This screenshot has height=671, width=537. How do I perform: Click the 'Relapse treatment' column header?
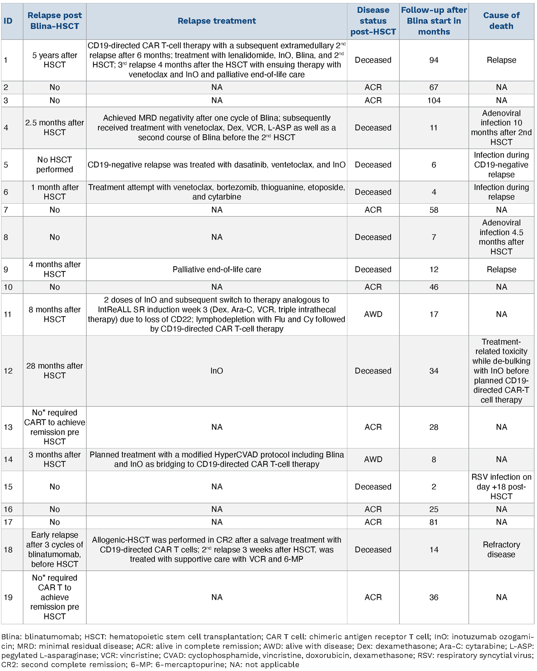(216, 21)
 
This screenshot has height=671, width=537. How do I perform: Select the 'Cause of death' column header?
(501, 21)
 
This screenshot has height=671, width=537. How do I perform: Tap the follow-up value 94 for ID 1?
(434, 60)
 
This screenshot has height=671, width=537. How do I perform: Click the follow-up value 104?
(434, 100)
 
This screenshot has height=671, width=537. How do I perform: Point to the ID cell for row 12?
(8, 371)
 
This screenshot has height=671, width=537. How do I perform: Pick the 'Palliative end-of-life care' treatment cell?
(216, 270)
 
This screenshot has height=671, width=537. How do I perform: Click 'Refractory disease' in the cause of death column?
(501, 549)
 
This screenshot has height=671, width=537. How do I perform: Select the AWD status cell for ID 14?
(373, 459)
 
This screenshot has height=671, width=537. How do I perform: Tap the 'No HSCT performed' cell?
(54, 165)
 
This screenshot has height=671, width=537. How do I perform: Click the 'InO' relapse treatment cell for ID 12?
(216, 371)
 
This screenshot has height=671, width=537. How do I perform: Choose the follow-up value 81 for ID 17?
(434, 522)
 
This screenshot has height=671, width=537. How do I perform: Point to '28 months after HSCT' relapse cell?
(54, 371)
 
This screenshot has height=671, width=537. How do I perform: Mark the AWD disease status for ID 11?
(373, 314)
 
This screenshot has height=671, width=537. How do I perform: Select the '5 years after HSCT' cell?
(54, 60)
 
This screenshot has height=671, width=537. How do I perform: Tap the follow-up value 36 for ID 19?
(434, 597)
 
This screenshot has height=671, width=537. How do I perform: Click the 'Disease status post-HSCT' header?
(373, 21)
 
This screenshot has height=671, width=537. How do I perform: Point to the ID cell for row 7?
(6, 210)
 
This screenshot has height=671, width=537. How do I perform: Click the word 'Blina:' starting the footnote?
(11, 637)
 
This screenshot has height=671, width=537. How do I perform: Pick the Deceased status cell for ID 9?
(373, 270)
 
